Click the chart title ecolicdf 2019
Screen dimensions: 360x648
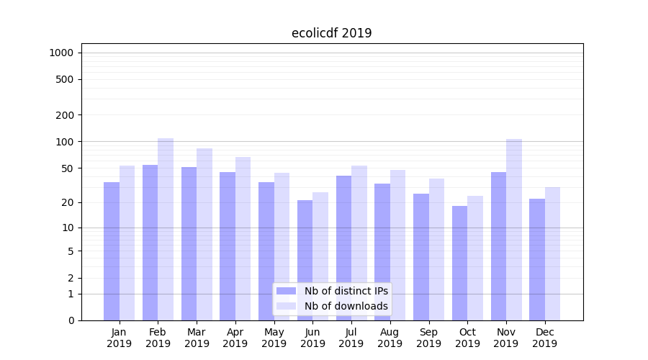pos(331,33)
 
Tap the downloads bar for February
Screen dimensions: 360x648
pos(166,229)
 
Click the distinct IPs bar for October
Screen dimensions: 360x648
pos(460,263)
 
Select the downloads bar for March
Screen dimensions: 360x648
pos(204,234)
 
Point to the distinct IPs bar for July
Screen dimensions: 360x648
pos(343,248)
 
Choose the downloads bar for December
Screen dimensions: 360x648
pos(553,253)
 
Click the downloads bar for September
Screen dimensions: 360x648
pos(436,249)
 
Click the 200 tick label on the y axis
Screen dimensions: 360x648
pos(66,115)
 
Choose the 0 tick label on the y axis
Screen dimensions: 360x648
pos(71,320)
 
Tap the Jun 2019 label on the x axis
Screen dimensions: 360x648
pos(312,338)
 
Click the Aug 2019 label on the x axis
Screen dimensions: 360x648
pos(390,338)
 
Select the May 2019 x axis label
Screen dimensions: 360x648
pos(274,338)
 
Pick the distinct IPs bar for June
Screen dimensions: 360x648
pos(305,260)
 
